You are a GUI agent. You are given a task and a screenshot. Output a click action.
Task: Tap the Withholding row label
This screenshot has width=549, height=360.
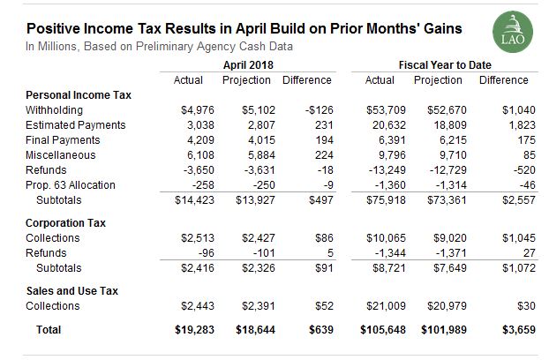(55, 110)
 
